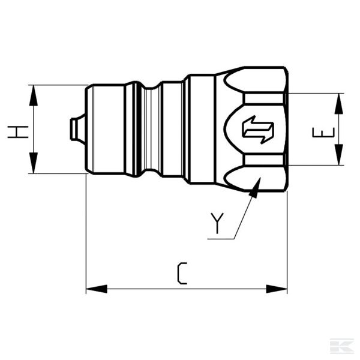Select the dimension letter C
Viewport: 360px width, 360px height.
click(x=182, y=273)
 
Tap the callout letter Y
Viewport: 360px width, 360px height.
click(x=217, y=223)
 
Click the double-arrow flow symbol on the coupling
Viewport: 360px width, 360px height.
click(x=257, y=129)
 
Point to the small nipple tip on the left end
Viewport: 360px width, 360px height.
click(x=75, y=129)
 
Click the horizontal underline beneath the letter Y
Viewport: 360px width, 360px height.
click(x=221, y=239)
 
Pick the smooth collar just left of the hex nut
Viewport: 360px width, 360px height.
click(x=201, y=129)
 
